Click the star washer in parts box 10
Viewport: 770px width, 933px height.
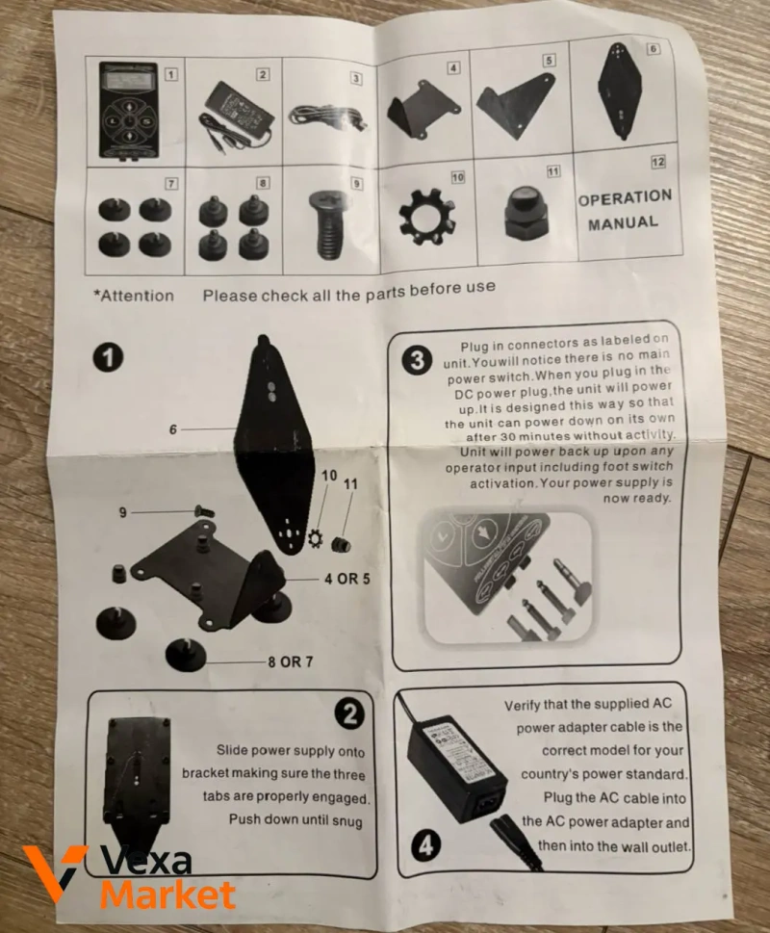pos(427,218)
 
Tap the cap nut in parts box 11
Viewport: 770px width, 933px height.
pos(525,211)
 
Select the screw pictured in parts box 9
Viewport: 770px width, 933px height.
pos(329,224)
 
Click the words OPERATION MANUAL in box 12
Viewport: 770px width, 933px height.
pos(625,210)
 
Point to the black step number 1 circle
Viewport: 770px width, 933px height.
pos(108,358)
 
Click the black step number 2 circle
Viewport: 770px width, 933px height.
pos(349,713)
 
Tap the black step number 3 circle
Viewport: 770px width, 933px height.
pos(417,360)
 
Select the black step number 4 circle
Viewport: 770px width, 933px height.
pos(425,845)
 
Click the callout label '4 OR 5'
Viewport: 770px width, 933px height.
pos(346,579)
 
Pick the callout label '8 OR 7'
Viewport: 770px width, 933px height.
pos(290,661)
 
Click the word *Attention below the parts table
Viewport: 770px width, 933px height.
pos(134,296)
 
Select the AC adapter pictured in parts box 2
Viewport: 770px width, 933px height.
pos(236,117)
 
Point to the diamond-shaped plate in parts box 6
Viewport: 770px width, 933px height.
pos(620,91)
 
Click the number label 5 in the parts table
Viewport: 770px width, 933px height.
pos(549,60)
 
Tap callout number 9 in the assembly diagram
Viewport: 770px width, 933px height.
pos(122,512)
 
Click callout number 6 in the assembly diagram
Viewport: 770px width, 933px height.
pos(173,429)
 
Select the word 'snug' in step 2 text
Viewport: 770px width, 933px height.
pos(346,821)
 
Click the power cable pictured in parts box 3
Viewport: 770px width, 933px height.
pos(326,117)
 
